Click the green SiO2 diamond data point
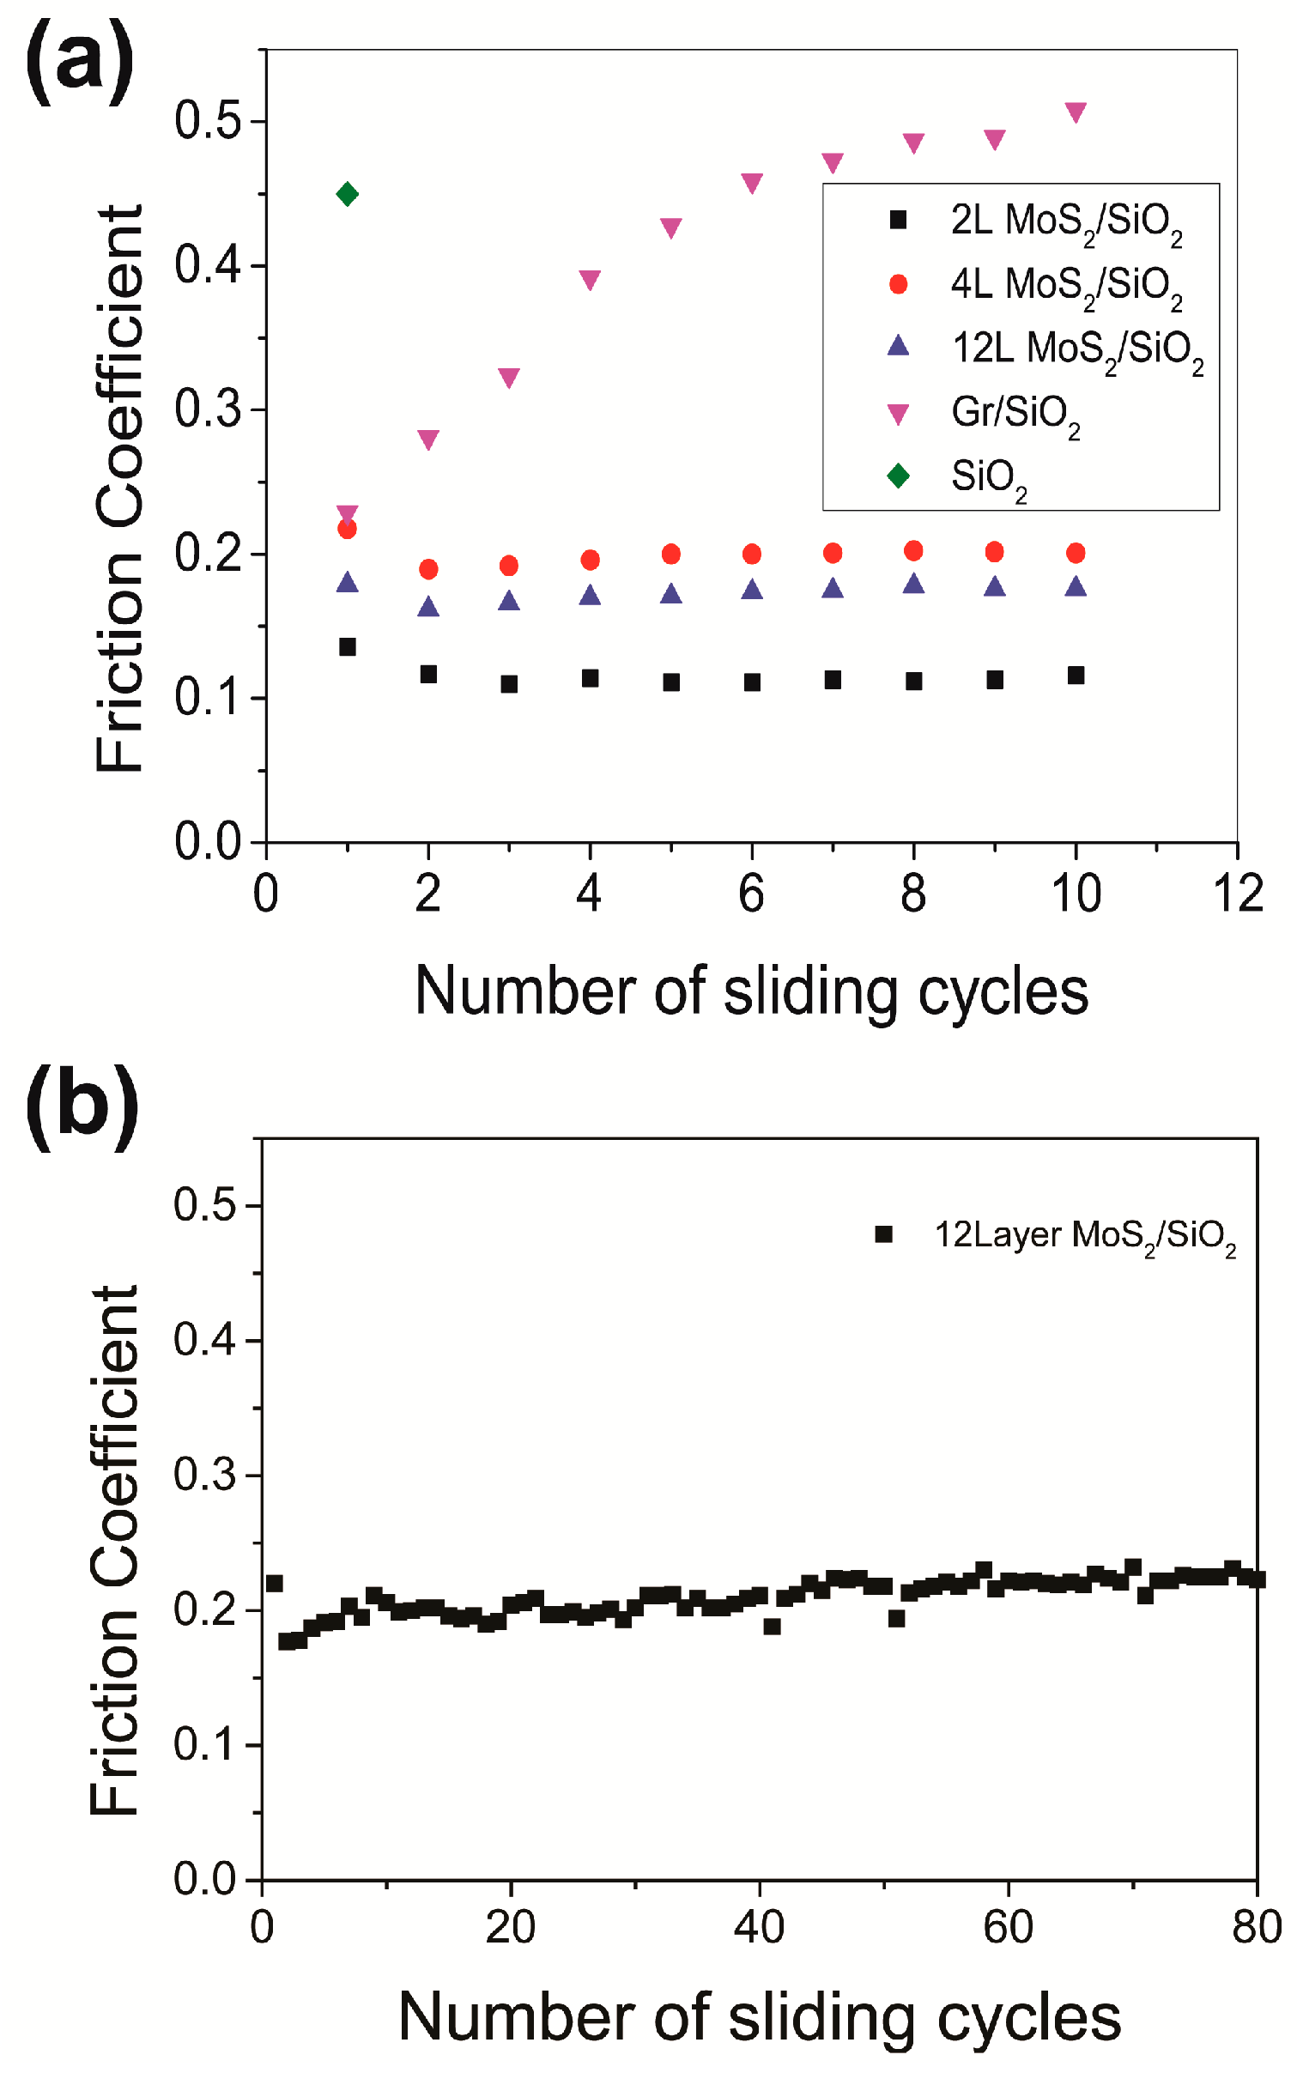coord(347,194)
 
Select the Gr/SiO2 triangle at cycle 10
coord(1076,112)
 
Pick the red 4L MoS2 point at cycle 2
coord(428,569)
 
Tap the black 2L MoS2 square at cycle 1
coord(347,647)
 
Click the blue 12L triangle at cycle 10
coord(1076,587)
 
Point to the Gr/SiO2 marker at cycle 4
coord(590,279)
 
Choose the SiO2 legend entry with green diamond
coord(988,477)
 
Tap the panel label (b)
coord(82,1107)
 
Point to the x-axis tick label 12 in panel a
coord(1238,894)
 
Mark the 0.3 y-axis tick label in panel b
coord(204,1475)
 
